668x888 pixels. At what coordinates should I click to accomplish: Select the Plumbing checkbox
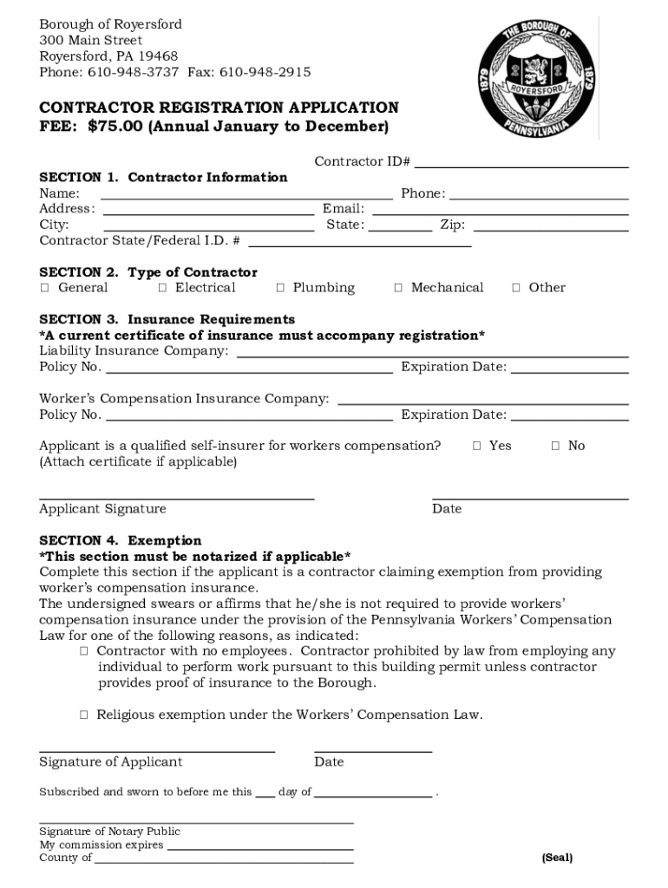280,288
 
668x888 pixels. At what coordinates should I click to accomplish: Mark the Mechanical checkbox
398,288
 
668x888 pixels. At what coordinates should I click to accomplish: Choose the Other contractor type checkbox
516,288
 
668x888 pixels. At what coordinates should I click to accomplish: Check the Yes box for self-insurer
476,446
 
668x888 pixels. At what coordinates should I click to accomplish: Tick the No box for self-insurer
555,446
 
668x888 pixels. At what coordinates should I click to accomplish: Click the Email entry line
501,210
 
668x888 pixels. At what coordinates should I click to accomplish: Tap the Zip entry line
550,226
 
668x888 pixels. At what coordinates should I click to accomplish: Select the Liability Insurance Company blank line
432,352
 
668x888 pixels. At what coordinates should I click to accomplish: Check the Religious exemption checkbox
84,715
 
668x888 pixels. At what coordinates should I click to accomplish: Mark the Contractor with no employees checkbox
84,651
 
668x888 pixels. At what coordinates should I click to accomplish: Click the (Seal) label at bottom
557,858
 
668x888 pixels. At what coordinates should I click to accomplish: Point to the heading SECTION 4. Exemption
121,540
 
